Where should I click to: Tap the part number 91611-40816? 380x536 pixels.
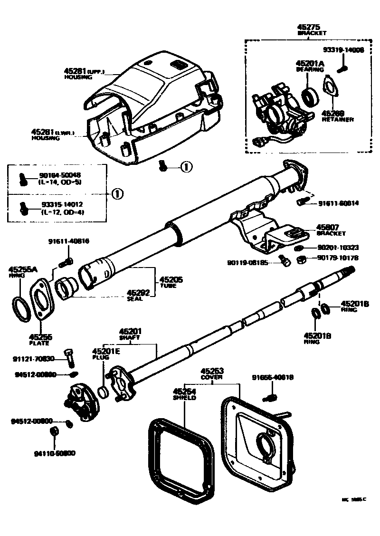68,241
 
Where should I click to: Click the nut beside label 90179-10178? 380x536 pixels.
301,259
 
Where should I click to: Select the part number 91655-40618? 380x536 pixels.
273,378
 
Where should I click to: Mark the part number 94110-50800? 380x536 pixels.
55,453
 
